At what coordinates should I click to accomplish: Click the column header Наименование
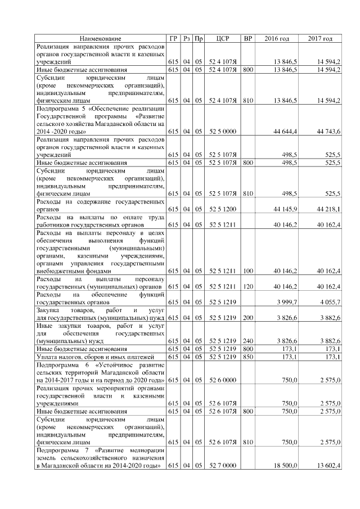pos(100,38)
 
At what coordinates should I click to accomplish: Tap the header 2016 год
pos(277,38)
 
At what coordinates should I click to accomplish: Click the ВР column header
pos(247,38)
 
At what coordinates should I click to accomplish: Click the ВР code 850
pos(247,357)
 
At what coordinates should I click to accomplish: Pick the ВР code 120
pos(247,287)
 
